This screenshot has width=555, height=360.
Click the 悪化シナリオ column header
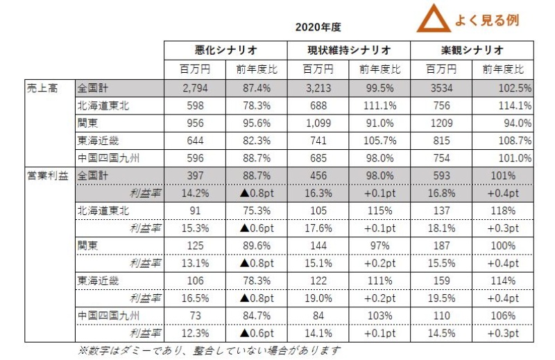coord(226,51)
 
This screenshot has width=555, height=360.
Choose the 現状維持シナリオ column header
coord(349,51)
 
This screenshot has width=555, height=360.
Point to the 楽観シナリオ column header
coord(472,51)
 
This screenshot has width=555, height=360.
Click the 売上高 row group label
coord(41,88)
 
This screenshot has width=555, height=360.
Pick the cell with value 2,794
coord(196,88)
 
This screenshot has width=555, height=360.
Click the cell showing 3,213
coord(318,88)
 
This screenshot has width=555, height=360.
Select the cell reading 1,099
coord(318,123)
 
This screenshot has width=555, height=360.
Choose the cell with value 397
coord(196,175)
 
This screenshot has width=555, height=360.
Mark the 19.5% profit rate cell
coord(442,298)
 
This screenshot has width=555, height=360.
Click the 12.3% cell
coord(196,332)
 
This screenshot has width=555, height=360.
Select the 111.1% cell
coord(380,105)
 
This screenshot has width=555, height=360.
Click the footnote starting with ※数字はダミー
coord(208,350)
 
